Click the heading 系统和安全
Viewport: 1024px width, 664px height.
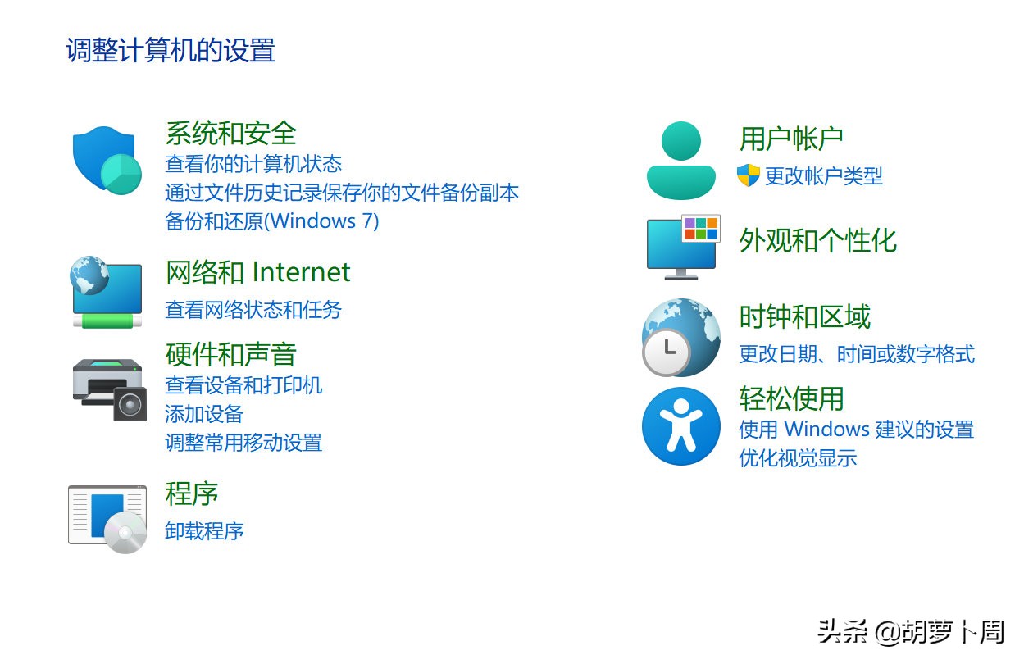click(230, 133)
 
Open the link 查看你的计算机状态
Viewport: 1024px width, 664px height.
click(253, 164)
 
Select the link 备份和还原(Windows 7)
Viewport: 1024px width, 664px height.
click(271, 221)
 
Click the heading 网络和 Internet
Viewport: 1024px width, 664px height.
click(257, 271)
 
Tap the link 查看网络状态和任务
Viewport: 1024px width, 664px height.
click(253, 309)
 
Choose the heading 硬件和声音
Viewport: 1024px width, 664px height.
click(230, 354)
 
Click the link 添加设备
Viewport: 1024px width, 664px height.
click(203, 414)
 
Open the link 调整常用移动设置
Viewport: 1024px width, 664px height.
click(243, 443)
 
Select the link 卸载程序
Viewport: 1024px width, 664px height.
click(204, 530)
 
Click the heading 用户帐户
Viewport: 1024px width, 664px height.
click(790, 139)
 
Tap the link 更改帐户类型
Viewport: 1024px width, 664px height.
click(823, 175)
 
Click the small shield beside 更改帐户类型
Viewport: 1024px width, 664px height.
click(748, 175)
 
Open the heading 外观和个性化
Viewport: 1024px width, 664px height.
click(817, 240)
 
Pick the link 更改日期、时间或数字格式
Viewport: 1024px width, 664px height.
click(856, 354)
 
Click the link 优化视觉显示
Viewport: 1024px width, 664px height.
click(797, 457)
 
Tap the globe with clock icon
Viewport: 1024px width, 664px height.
click(680, 337)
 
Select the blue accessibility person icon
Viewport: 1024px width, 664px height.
click(680, 425)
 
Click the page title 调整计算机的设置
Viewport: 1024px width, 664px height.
click(170, 51)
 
